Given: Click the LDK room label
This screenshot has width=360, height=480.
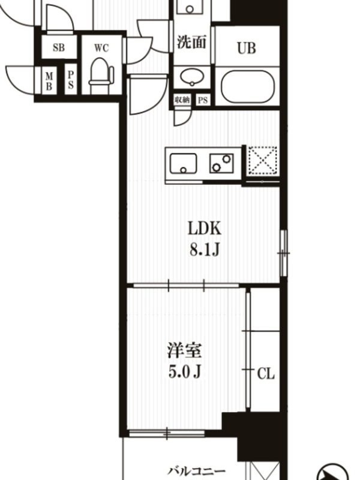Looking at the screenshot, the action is pyautogui.click(x=204, y=229).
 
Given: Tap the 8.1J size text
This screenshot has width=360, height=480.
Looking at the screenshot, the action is pyautogui.click(x=205, y=250).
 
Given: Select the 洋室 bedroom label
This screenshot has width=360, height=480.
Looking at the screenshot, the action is pyautogui.click(x=184, y=351).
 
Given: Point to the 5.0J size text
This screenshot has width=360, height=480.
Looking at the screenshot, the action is pyautogui.click(x=185, y=372).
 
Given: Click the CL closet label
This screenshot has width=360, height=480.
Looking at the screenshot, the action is pyautogui.click(x=266, y=373).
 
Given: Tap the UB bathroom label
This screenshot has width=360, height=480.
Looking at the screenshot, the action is pyautogui.click(x=247, y=48).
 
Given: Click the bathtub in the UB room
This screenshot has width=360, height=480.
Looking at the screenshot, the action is pyautogui.click(x=247, y=86).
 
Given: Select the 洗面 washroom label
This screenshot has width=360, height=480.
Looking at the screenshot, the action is pyautogui.click(x=191, y=42).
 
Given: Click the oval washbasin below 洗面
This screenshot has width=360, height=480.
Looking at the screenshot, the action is pyautogui.click(x=192, y=76).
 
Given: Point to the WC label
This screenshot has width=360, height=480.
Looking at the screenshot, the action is pyautogui.click(x=101, y=48).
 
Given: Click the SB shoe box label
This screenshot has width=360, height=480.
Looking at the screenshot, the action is pyautogui.click(x=58, y=47).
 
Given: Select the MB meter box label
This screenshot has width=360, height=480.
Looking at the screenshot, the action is pyautogui.click(x=49, y=81).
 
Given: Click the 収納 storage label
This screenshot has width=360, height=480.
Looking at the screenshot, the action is pyautogui.click(x=182, y=100).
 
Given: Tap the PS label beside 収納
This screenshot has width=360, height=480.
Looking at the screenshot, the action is pyautogui.click(x=203, y=100).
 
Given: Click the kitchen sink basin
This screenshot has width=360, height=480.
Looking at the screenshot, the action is pyautogui.click(x=184, y=164).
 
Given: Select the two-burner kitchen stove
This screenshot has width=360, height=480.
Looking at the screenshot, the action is pyautogui.click(x=221, y=163).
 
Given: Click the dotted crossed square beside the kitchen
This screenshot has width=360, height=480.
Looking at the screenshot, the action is pyautogui.click(x=263, y=161).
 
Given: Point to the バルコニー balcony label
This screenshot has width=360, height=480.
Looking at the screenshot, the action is pyautogui.click(x=197, y=471).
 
